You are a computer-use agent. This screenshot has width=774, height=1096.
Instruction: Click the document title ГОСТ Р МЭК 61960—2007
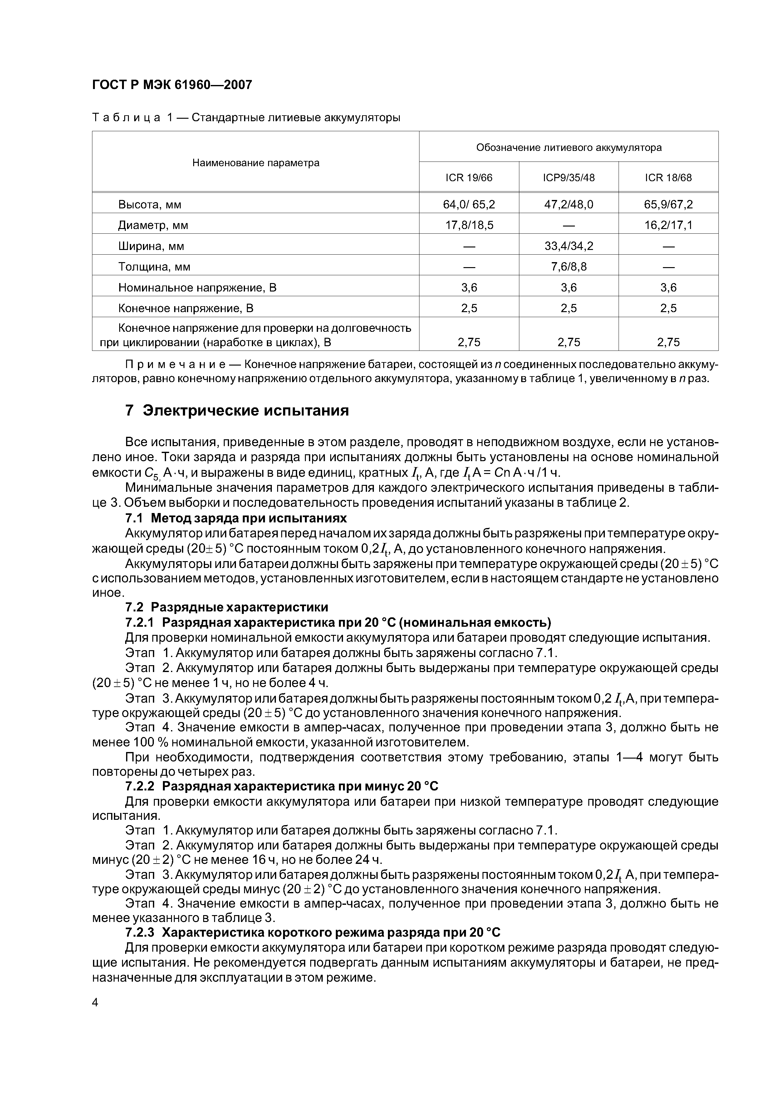172,85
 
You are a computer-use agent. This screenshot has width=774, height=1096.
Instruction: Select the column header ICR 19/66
469,177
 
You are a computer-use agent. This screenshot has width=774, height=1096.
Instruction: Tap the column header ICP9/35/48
568,177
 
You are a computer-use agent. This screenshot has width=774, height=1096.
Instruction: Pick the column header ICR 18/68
668,177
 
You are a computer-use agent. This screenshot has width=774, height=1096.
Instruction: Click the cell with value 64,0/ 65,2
469,205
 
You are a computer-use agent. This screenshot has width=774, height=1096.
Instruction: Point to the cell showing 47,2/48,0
568,205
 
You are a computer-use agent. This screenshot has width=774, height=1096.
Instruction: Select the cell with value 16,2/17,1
668,225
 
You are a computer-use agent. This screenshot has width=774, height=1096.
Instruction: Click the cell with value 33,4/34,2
568,246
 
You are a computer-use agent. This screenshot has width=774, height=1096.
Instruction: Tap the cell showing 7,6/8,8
568,267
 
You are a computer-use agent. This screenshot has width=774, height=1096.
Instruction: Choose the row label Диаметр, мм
153,225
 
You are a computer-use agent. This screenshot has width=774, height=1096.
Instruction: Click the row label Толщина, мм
154,267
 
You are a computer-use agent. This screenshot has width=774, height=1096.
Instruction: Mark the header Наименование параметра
256,163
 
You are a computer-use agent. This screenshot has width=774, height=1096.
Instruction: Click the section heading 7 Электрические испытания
237,411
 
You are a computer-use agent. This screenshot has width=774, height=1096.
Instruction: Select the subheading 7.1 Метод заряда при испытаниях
236,518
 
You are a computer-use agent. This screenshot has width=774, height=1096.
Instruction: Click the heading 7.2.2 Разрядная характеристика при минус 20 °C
282,786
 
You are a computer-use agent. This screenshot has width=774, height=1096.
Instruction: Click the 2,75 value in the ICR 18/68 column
668,342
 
